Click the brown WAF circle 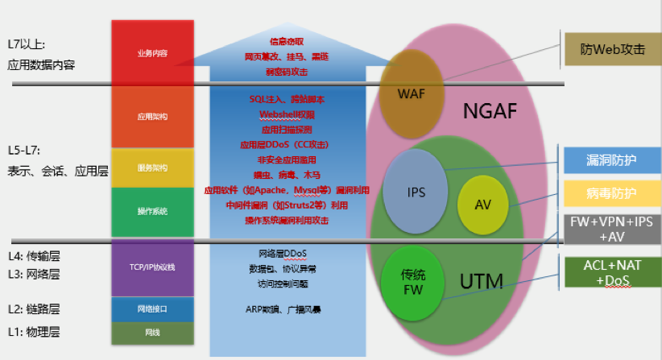tap(411, 92)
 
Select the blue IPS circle tap(416, 192)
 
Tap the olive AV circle tap(482, 205)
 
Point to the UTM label tap(481, 282)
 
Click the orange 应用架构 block tap(152, 117)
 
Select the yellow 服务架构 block tap(152, 168)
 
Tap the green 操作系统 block tap(152, 211)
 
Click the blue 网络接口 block tap(152, 309)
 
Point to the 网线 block tap(152, 332)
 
